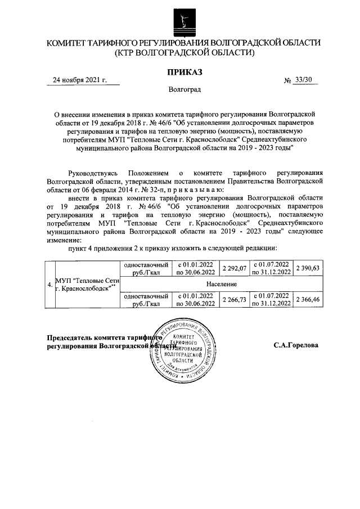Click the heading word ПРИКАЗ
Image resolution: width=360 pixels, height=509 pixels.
click(184, 71)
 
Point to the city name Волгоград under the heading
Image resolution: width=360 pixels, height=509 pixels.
click(184, 90)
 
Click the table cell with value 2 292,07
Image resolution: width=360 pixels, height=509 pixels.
click(235, 269)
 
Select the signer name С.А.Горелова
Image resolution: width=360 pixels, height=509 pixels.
click(296, 345)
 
